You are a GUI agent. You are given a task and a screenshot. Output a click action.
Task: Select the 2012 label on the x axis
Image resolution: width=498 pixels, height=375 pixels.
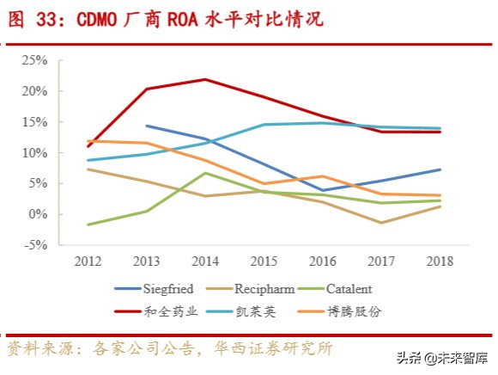(88, 261)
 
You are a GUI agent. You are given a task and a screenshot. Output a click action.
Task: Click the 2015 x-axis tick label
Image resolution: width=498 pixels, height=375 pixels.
(263, 261)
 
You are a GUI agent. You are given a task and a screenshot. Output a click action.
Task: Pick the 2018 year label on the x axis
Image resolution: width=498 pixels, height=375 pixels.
(440, 261)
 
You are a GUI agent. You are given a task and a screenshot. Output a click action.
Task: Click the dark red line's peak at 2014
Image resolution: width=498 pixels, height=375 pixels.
(204, 79)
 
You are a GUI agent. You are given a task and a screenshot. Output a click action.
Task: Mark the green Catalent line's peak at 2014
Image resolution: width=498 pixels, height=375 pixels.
(204, 173)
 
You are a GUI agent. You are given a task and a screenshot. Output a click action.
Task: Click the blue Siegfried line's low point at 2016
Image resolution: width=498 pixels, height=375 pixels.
(322, 190)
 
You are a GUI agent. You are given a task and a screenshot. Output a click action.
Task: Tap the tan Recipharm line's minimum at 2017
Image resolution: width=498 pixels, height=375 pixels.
(380, 223)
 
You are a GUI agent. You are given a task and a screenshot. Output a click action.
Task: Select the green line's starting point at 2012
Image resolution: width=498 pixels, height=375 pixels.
(88, 224)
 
